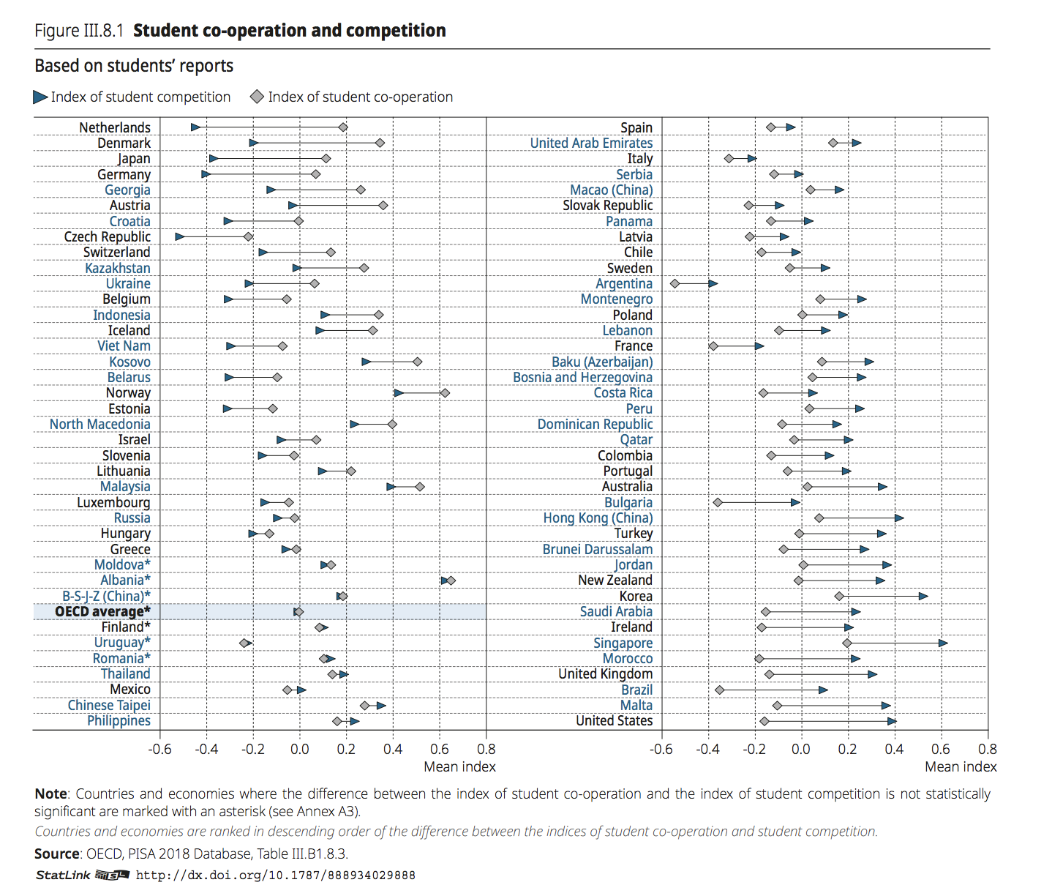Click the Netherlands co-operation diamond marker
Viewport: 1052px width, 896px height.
point(343,127)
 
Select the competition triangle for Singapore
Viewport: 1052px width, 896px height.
point(943,643)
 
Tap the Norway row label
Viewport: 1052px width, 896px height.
point(128,393)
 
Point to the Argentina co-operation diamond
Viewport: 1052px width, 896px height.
point(675,284)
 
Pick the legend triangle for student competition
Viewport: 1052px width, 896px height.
point(40,97)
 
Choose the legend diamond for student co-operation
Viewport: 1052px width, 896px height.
point(257,97)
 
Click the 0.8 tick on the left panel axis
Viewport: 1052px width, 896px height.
point(486,749)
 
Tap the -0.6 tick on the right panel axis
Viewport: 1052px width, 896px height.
point(661,749)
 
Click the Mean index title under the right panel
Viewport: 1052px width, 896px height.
point(961,766)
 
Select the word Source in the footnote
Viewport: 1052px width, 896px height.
point(57,854)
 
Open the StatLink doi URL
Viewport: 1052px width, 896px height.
point(276,876)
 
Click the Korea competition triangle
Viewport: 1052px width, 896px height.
point(923,597)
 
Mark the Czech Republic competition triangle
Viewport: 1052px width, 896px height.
point(180,237)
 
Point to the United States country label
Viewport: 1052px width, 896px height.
point(614,721)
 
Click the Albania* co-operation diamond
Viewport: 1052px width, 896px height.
point(451,580)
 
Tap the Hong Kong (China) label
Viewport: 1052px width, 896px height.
point(598,518)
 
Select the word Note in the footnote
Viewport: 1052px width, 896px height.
point(50,794)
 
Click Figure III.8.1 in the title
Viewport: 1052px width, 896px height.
point(79,31)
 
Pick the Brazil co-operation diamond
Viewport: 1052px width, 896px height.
point(719,690)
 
